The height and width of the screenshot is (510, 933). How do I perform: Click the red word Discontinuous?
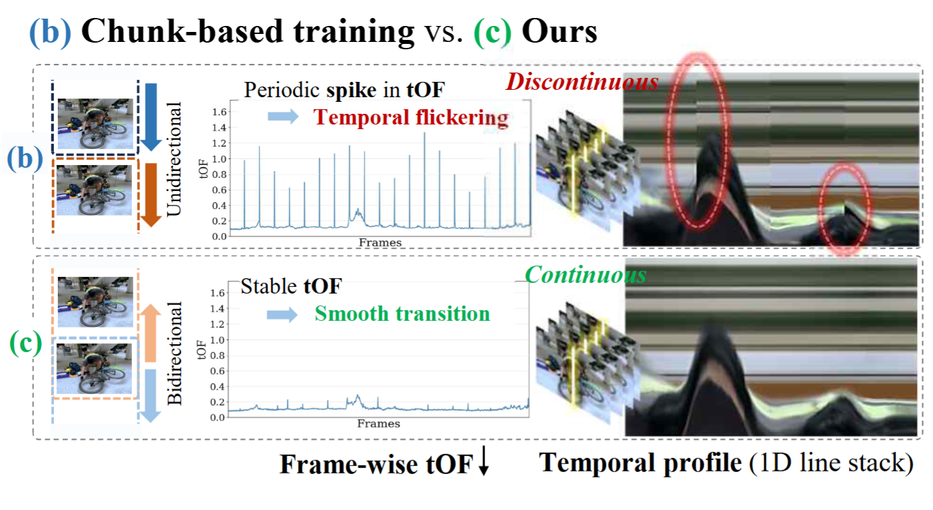pos(581,83)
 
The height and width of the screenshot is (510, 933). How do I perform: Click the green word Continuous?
pos(585,275)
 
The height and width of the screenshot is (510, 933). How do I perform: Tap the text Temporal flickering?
pos(411,118)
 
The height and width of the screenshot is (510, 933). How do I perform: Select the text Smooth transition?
pos(402,314)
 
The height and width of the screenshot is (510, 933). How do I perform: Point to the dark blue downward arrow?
pos(151,117)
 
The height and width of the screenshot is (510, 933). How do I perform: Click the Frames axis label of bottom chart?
pos(379,423)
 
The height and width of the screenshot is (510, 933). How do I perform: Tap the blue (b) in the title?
pos(49,33)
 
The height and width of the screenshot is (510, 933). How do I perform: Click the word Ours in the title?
pos(559,33)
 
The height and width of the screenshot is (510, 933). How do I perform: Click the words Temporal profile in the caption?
pos(640,463)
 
